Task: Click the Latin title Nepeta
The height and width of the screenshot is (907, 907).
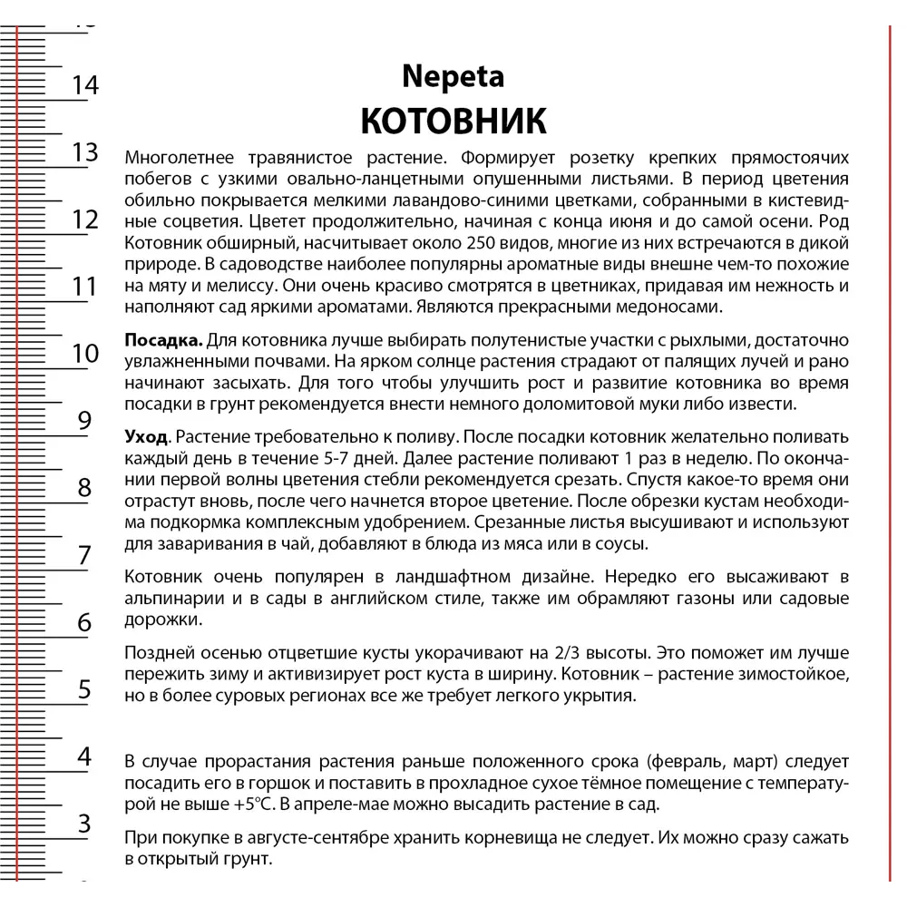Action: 453,77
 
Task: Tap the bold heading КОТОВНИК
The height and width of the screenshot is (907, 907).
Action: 453,121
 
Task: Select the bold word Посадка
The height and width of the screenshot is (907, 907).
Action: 163,340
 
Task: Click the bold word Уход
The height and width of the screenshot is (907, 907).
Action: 146,437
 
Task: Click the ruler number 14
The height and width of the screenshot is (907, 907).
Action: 84,85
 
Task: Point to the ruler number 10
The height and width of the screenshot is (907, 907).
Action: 85,354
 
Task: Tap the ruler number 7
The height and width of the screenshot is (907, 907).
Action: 84,555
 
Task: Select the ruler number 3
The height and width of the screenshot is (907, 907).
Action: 84,824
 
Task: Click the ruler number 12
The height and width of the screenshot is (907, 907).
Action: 84,219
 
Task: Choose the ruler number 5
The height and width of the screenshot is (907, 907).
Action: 84,689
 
